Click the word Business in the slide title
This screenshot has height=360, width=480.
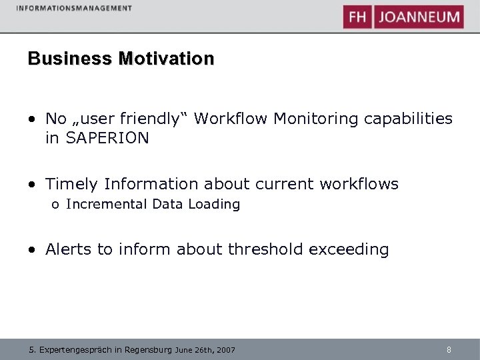[x=70, y=59]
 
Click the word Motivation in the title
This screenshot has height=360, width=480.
[x=166, y=59]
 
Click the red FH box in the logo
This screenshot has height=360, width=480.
[x=357, y=17]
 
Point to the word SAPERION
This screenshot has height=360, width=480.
[x=107, y=138]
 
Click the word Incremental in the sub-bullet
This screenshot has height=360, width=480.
[x=107, y=205]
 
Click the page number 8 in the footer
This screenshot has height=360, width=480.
[x=449, y=349]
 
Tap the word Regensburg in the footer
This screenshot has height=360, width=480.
[x=147, y=350]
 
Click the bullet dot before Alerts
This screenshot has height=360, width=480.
[x=33, y=250]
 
